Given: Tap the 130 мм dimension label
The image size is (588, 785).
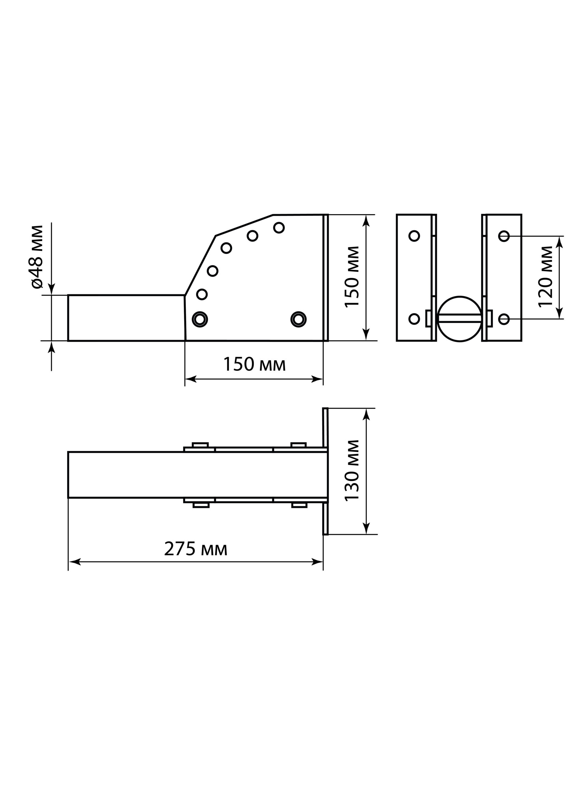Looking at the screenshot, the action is click(x=352, y=471).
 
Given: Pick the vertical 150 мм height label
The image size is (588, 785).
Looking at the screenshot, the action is click(x=352, y=277).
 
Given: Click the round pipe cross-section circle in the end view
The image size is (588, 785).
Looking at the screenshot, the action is click(x=459, y=319).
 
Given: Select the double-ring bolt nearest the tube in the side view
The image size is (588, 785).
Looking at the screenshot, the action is click(x=200, y=320).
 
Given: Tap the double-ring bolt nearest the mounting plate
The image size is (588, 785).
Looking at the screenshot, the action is click(x=298, y=320).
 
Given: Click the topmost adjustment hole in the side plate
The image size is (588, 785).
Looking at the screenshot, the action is click(x=279, y=228).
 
